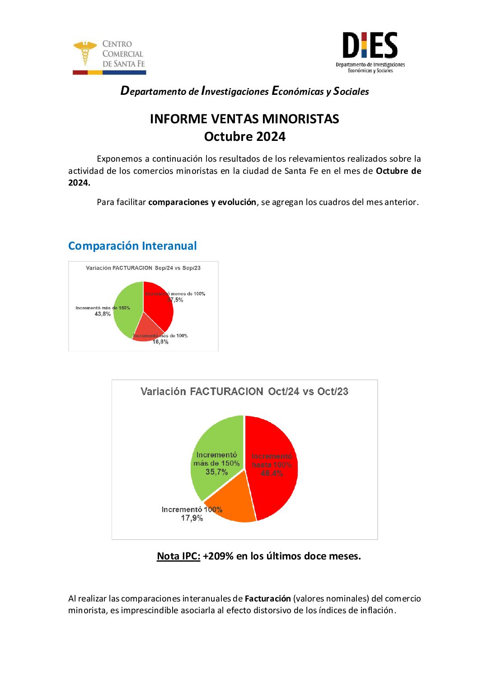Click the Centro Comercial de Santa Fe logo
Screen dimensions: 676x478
(x=109, y=57)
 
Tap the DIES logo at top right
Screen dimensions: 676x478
(x=370, y=51)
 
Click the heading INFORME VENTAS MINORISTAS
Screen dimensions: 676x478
(x=244, y=119)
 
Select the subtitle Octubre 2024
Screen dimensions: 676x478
(x=244, y=136)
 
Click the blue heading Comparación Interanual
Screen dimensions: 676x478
(x=132, y=246)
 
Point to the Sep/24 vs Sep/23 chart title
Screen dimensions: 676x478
(x=143, y=268)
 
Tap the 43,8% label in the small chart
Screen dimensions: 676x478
(x=103, y=314)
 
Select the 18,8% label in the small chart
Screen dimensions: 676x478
(x=160, y=342)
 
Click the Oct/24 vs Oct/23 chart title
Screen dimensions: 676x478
(x=244, y=392)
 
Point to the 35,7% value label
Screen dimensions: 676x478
(x=216, y=472)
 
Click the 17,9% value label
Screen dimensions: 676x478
(x=192, y=518)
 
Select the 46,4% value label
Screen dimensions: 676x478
(x=272, y=473)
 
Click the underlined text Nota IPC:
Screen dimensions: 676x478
(x=178, y=556)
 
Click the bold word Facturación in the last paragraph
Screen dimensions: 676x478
(x=267, y=598)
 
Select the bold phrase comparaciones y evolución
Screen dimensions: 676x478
(x=202, y=202)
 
